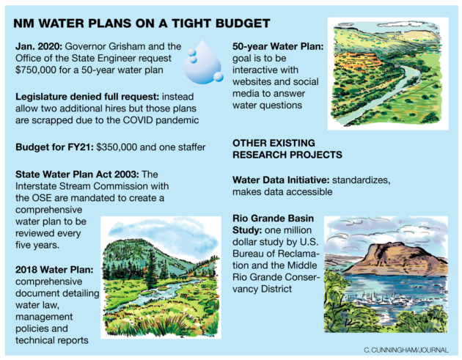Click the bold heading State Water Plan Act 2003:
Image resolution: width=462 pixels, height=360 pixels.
pos(76,173)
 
